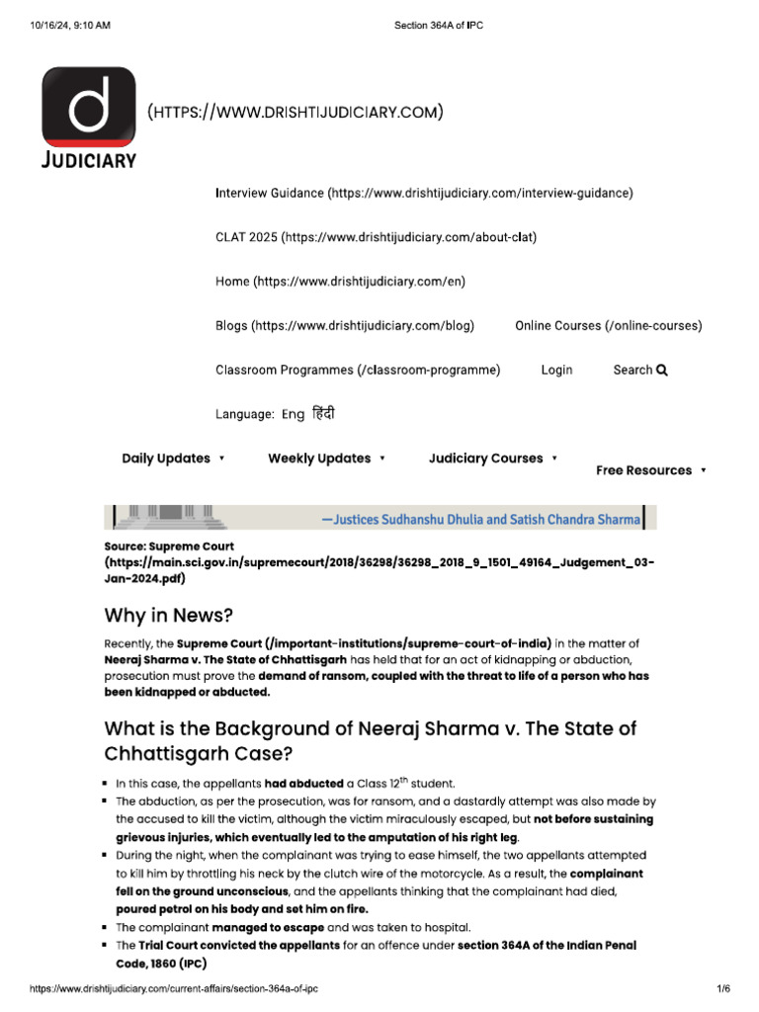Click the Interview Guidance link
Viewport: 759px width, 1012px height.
pos(424,193)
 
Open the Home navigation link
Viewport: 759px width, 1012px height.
pos(340,282)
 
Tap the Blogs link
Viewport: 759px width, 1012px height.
pos(345,325)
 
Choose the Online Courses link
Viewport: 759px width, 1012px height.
pos(608,325)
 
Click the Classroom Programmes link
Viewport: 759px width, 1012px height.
pos(358,370)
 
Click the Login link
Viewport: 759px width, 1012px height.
pos(556,370)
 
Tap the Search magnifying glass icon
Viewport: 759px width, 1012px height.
pos(662,370)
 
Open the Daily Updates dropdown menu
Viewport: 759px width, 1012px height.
pos(173,459)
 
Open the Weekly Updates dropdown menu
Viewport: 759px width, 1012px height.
pos(326,459)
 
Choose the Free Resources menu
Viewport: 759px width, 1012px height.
pos(650,470)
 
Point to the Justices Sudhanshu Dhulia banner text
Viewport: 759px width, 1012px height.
pos(481,518)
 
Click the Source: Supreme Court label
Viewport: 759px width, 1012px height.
pos(169,546)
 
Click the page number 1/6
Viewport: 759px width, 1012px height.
pos(722,988)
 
